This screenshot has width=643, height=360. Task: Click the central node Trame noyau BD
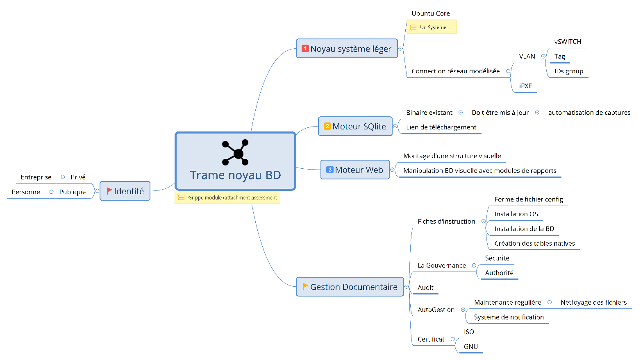click(x=235, y=175)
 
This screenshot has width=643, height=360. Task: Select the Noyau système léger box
click(x=347, y=49)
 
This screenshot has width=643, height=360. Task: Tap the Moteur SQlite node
click(x=355, y=127)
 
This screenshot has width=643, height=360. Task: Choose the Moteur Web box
click(x=355, y=170)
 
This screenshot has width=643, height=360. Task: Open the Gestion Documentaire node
click(x=350, y=287)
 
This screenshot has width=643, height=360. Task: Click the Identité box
click(x=125, y=191)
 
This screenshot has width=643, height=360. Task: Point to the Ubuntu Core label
click(x=430, y=14)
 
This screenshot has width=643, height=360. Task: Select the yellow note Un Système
click(x=432, y=27)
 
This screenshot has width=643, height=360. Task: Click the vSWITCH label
click(x=568, y=42)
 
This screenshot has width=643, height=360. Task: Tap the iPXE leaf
click(x=525, y=86)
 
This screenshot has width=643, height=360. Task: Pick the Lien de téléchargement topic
click(x=441, y=127)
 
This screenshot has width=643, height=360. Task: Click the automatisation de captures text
click(x=589, y=113)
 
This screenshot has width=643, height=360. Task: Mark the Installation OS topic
click(x=516, y=214)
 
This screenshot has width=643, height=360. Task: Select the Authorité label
click(x=499, y=273)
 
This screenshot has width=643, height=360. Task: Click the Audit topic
click(x=425, y=288)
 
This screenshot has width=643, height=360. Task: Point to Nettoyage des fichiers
click(x=593, y=303)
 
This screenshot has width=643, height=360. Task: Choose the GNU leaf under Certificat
click(x=470, y=346)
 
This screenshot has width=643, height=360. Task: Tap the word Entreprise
click(x=36, y=177)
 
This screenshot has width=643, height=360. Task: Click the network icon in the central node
click(x=235, y=152)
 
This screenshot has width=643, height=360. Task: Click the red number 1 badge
click(x=305, y=48)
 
